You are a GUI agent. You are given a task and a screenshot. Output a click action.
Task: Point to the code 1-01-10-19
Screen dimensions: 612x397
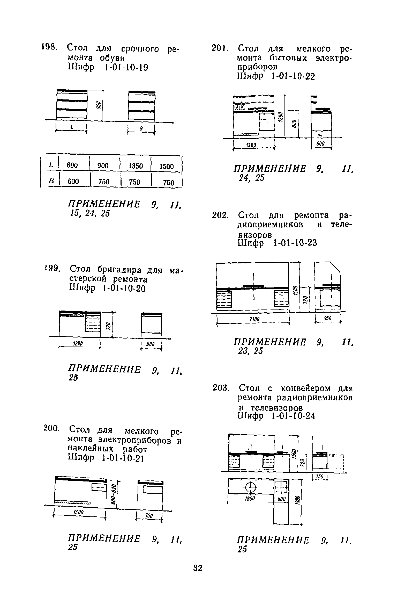126,68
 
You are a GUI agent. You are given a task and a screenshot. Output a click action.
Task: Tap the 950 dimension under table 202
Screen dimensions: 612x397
328,318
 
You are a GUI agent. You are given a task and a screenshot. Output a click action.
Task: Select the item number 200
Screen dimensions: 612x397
52,429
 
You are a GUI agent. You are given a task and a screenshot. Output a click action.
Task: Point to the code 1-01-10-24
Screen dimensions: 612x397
294,416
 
